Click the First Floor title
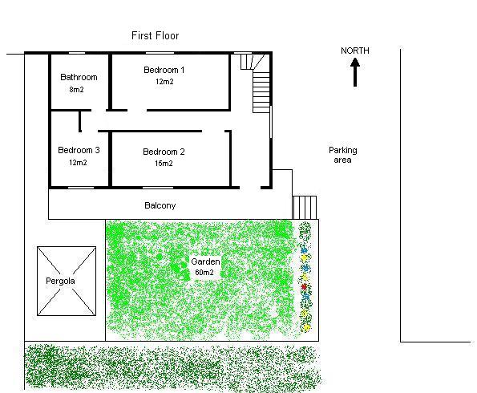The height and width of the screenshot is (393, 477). (x=156, y=35)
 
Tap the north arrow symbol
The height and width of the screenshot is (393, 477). (x=355, y=72)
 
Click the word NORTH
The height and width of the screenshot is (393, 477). (x=355, y=51)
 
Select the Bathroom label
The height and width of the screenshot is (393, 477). (x=79, y=77)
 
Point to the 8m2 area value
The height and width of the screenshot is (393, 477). (x=76, y=90)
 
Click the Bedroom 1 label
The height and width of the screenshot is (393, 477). (x=164, y=70)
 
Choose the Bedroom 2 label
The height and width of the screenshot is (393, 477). (x=164, y=152)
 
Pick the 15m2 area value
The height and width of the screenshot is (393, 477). (x=164, y=164)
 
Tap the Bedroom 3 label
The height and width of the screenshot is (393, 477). (x=79, y=150)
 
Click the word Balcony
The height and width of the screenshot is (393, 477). (x=160, y=206)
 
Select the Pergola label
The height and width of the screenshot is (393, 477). (x=60, y=281)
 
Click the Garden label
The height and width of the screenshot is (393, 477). (x=205, y=261)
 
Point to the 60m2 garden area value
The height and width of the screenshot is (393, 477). (x=204, y=273)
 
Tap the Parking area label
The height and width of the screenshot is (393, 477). (x=343, y=155)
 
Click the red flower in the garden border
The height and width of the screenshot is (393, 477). (x=304, y=287)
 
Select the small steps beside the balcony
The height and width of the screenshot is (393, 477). (x=304, y=208)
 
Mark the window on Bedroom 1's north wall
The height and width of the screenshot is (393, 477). (x=160, y=53)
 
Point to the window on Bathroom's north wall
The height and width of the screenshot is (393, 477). (x=77, y=53)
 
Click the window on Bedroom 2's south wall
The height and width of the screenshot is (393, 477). (x=158, y=188)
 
